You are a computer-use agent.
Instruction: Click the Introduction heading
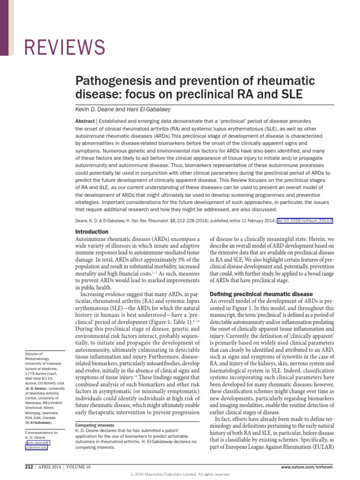[x=92, y=232]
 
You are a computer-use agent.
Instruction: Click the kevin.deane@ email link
[x=37, y=442]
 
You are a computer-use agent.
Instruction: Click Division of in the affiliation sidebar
[x=34, y=354]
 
